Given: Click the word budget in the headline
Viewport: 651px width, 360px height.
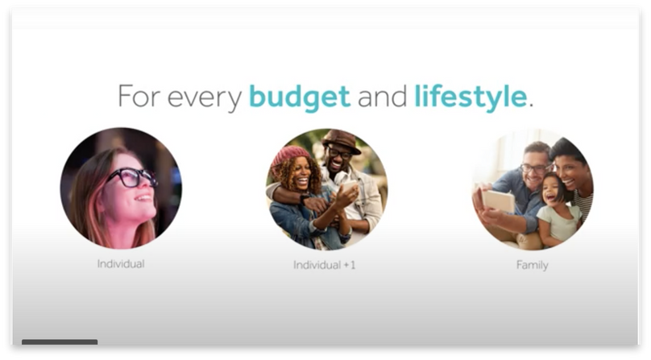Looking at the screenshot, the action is click(300, 97).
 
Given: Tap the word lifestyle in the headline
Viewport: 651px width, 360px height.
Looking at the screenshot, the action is click(471, 97).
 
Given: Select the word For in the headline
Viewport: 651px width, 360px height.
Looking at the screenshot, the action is click(139, 96).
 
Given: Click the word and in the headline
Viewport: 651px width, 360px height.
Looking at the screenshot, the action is click(382, 96).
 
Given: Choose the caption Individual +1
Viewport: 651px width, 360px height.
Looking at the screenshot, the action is click(324, 265).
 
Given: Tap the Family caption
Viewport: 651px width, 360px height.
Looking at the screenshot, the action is click(533, 265).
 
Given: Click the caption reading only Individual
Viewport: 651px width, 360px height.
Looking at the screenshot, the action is click(121, 263).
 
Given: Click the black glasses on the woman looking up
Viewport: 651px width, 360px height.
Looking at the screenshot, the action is click(131, 177).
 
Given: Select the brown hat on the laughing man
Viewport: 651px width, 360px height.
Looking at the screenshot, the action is click(342, 141).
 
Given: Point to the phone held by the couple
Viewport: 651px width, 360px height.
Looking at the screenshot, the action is click(349, 186).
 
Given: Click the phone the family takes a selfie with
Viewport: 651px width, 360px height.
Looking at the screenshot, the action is click(498, 201).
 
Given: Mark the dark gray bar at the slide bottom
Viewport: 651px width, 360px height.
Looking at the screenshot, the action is click(60, 342).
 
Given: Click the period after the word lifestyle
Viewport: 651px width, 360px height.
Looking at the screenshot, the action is click(531, 106).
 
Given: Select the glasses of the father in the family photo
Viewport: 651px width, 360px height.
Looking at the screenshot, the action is click(536, 168).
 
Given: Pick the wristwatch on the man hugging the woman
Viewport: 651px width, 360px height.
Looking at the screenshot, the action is click(304, 199).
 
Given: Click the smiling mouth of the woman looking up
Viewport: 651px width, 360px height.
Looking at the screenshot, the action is click(143, 198).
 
